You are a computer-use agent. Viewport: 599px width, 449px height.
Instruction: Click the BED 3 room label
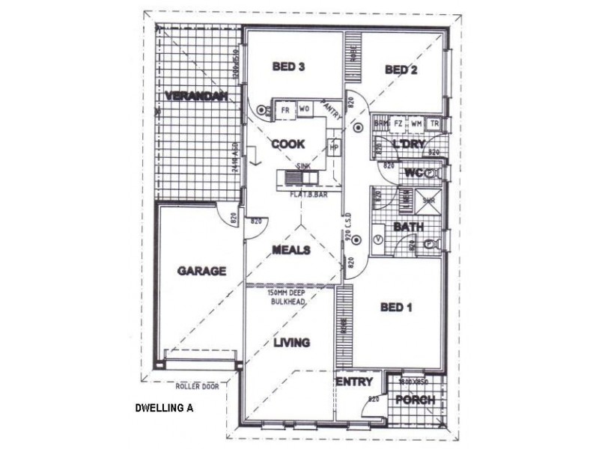click(288, 67)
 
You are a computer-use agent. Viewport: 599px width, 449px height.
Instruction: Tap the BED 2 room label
click(401, 70)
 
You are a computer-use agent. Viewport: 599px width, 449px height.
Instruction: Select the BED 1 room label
click(397, 307)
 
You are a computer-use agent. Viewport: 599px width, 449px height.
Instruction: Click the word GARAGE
click(201, 272)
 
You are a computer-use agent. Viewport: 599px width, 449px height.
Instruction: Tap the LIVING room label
click(291, 343)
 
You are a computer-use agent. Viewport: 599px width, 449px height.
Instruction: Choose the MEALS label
click(291, 250)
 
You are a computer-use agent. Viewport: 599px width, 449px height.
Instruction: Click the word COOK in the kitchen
click(288, 144)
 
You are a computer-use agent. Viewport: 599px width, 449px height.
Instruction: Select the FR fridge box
click(285, 110)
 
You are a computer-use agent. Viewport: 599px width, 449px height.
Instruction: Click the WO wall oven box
click(304, 110)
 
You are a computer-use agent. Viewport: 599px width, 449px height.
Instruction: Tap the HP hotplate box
click(334, 147)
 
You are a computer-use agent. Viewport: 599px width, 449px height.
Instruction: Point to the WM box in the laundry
click(416, 123)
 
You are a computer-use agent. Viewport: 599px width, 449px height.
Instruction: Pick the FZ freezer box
click(398, 123)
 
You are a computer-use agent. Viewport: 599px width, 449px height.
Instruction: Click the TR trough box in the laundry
click(434, 123)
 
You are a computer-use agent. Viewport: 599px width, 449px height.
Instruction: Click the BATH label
click(409, 227)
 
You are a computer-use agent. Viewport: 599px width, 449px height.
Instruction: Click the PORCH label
click(415, 400)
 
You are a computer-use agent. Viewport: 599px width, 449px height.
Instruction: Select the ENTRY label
click(354, 382)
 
